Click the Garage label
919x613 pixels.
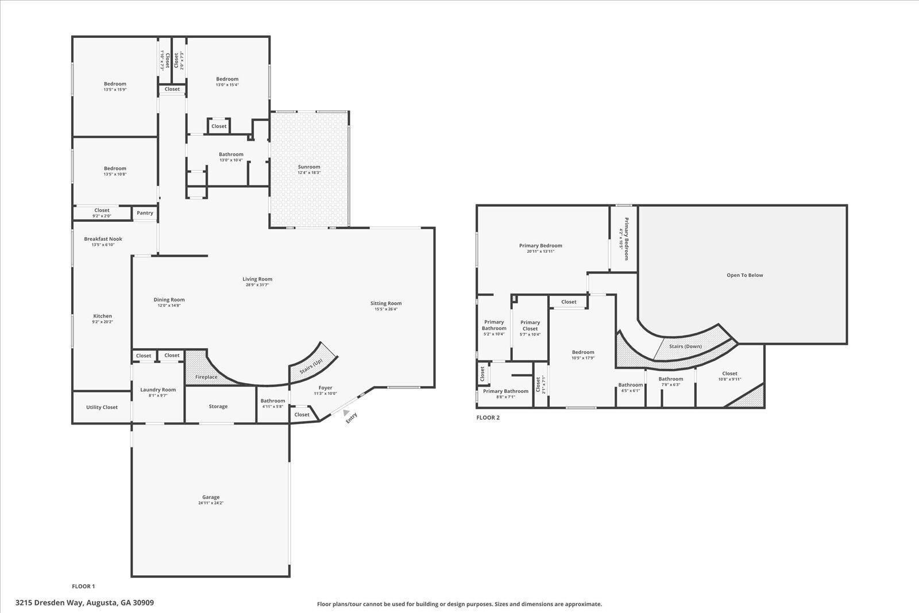coord(211,498)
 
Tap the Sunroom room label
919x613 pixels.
coord(309,167)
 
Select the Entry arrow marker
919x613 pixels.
coord(345,412)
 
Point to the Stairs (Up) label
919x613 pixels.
coord(311,365)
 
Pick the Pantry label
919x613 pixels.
coord(145,213)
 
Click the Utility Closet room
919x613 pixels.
coord(102,407)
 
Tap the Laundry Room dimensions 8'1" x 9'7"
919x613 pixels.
coord(158,396)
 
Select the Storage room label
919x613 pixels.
coord(218,406)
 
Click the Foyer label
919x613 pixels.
coord(325,388)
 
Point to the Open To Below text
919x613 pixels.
coord(745,275)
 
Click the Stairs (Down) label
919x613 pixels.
coord(685,346)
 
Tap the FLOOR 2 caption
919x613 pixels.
coord(488,418)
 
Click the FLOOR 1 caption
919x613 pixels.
coord(83,587)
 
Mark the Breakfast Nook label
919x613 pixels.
coord(103,239)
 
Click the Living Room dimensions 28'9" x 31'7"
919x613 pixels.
coord(257,285)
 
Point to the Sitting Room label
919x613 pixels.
coord(385,303)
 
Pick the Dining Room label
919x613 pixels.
coord(169,299)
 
